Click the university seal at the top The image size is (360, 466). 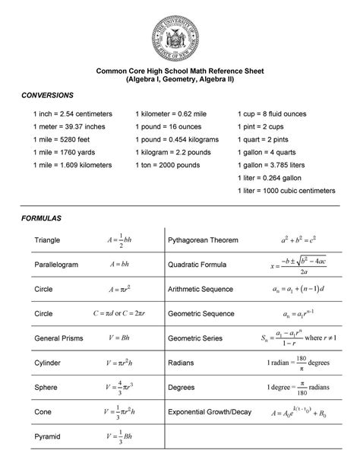(180, 33)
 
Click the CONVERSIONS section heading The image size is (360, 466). (46, 95)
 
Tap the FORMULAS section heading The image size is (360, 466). (39, 218)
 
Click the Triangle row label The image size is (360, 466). (47, 240)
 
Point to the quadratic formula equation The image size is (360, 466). (298, 265)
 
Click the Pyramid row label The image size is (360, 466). (47, 437)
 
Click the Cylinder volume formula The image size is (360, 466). (120, 363)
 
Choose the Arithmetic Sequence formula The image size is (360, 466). (298, 290)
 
